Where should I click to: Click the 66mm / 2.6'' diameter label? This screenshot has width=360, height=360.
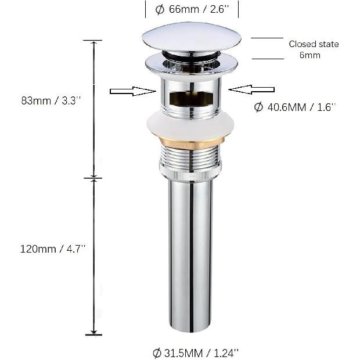191,9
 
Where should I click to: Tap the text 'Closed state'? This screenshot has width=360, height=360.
314,44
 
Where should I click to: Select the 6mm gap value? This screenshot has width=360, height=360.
310,55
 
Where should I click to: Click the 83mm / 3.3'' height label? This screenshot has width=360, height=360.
51,100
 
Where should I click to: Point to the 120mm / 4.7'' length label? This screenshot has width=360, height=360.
53,248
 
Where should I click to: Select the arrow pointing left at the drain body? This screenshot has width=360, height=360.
251,89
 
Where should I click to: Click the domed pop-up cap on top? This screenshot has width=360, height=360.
191,36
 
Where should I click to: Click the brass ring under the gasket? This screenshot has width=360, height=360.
191,142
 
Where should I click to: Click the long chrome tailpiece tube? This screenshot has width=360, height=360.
191,255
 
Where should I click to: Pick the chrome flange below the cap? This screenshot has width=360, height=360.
191,64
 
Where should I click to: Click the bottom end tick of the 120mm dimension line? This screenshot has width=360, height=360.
93,334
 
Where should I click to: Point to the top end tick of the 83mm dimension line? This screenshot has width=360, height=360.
93,41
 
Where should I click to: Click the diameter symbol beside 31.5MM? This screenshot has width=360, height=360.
157,352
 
